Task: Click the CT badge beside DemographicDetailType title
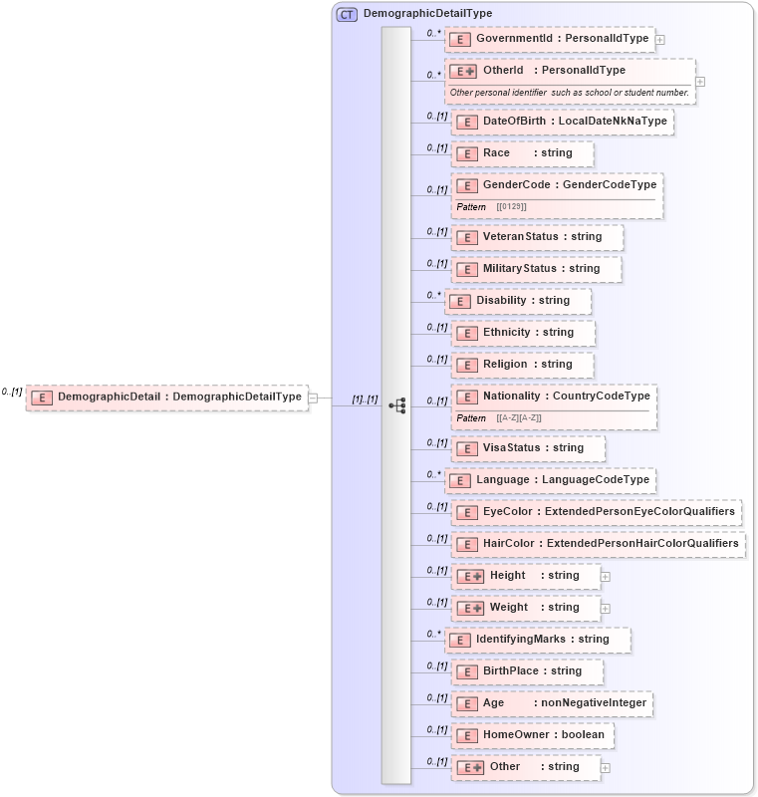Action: tap(347, 14)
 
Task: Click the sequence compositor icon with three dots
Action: tap(397, 405)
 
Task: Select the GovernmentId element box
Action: tap(550, 39)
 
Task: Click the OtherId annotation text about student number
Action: tap(569, 93)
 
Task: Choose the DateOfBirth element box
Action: tap(563, 122)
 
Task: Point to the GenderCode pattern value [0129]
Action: tap(511, 206)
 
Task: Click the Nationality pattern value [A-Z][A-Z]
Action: tap(519, 417)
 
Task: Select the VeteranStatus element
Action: tap(537, 237)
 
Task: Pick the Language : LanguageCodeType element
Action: tap(550, 480)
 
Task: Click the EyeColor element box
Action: tap(597, 512)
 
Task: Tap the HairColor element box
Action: tap(599, 544)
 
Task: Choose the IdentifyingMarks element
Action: tap(538, 640)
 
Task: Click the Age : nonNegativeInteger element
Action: tap(553, 703)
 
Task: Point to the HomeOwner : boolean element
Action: tap(532, 735)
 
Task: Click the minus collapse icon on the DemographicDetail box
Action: tap(313, 398)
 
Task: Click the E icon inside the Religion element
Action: tap(467, 365)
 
